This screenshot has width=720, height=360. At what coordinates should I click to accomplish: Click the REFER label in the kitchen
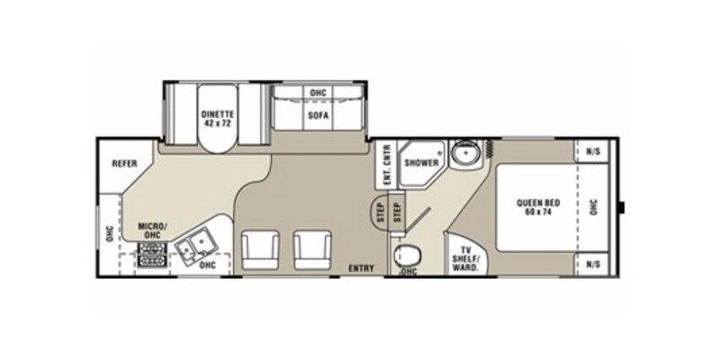123,164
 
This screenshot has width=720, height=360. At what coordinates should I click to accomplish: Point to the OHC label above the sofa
317,94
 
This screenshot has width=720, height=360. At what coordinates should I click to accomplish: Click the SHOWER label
420,163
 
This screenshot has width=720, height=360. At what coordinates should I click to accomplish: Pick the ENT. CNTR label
385,166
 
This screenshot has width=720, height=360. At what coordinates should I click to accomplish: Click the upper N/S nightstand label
593,151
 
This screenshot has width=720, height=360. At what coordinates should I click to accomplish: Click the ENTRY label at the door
361,267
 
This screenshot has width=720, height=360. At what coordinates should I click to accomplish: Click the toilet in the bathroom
407,254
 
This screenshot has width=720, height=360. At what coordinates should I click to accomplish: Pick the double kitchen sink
193,245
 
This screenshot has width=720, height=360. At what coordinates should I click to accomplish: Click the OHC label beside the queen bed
593,207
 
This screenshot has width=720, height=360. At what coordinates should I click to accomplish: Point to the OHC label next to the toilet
409,271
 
